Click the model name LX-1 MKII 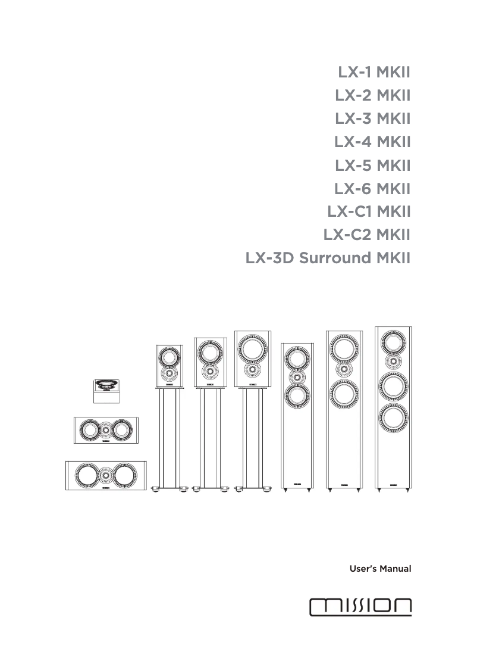point(375,73)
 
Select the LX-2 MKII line point(374,95)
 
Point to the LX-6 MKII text point(373,189)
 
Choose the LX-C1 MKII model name point(369,212)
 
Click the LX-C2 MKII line point(367,235)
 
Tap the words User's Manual point(380,569)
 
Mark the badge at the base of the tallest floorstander point(393,485)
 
